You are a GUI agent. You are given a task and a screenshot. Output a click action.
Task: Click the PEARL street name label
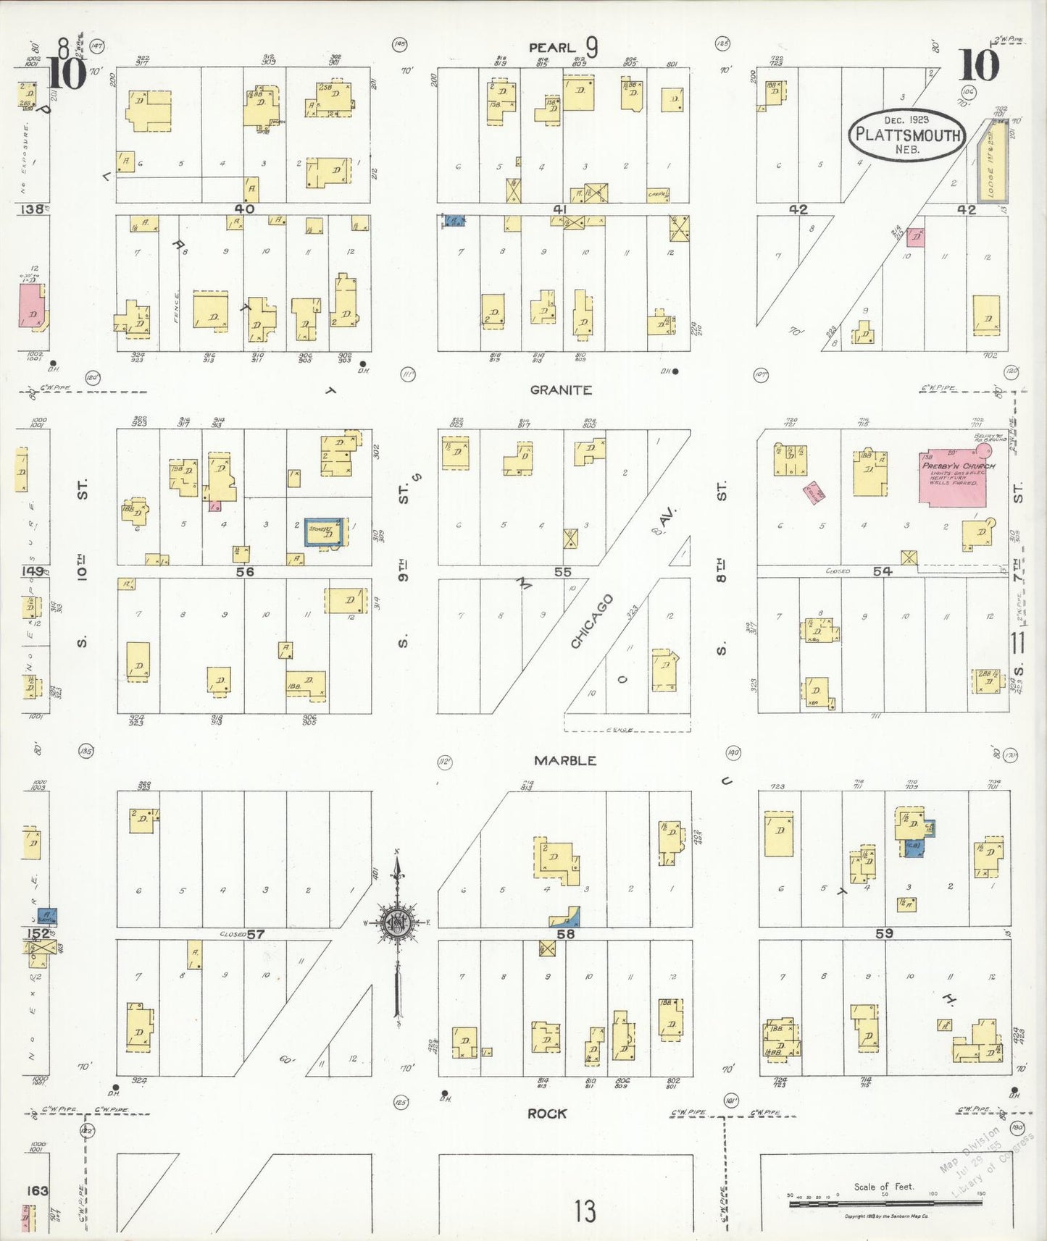551,48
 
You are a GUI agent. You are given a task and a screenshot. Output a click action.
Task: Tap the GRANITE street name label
561,390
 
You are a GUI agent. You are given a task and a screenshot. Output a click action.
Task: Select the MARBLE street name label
565,760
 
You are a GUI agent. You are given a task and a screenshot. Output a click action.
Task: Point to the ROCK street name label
547,1114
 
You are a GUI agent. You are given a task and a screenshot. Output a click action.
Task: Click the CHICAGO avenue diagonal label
592,621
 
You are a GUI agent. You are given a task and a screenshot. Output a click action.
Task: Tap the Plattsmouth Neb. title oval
907,134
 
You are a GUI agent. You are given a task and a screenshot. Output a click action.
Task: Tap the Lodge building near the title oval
993,159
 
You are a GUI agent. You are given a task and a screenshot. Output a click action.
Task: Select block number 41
559,209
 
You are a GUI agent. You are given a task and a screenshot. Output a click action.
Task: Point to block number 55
562,572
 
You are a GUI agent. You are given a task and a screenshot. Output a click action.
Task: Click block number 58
565,934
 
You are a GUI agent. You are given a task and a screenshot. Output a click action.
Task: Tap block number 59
884,933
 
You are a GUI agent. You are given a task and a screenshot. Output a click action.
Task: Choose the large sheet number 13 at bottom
585,1211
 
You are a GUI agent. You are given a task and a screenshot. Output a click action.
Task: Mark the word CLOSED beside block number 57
232,934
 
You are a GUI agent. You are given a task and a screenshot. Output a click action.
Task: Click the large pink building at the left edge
32,307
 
